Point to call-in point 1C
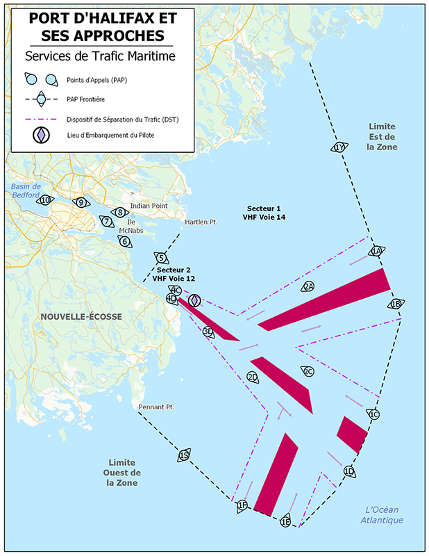[x=373, y=415]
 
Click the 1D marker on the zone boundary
[x=349, y=471]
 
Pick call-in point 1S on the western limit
[x=184, y=455]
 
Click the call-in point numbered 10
[x=47, y=200]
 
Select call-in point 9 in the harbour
[x=81, y=202]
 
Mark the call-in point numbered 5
[x=160, y=258]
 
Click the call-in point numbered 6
[x=124, y=241]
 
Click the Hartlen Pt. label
[x=201, y=222]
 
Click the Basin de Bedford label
[x=26, y=190]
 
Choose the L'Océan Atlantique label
[x=382, y=515]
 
